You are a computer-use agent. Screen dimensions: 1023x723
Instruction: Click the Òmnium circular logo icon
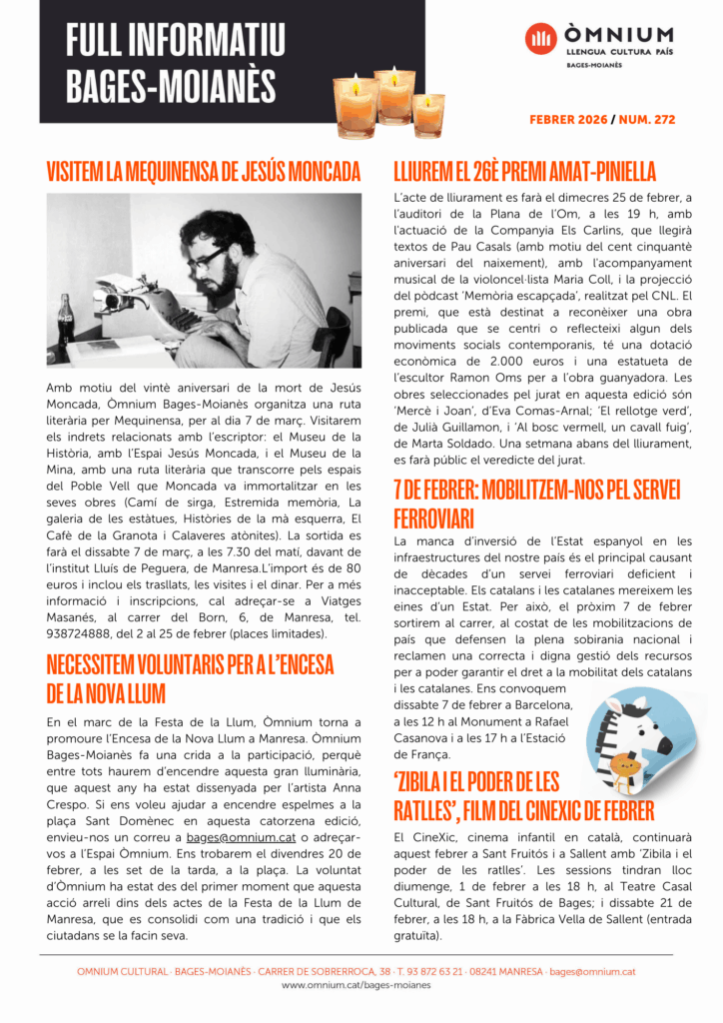(541, 39)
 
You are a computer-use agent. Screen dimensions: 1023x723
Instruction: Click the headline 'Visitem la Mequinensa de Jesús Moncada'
(204, 171)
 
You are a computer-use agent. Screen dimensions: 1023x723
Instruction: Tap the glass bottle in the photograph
(66, 317)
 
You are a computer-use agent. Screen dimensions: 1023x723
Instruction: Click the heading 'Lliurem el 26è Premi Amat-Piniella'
(524, 171)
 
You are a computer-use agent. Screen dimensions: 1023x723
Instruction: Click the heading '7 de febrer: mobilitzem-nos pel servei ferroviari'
(536, 504)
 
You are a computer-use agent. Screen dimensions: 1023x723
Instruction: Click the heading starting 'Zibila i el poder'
(523, 794)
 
